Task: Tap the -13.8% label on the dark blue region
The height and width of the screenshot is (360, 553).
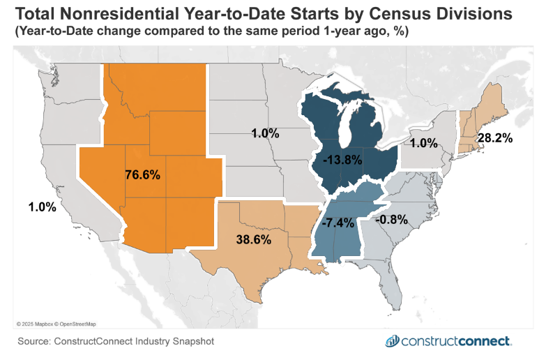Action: point(342,160)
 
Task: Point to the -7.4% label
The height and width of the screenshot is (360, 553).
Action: point(340,223)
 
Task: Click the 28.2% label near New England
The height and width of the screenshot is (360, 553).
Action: point(494,138)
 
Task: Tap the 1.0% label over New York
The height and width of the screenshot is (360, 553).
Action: point(423,144)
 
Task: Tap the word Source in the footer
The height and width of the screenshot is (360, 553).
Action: point(36,341)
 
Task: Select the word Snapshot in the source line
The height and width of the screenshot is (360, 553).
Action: point(190,341)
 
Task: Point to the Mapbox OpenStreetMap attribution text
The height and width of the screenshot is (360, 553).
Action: point(56,324)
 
